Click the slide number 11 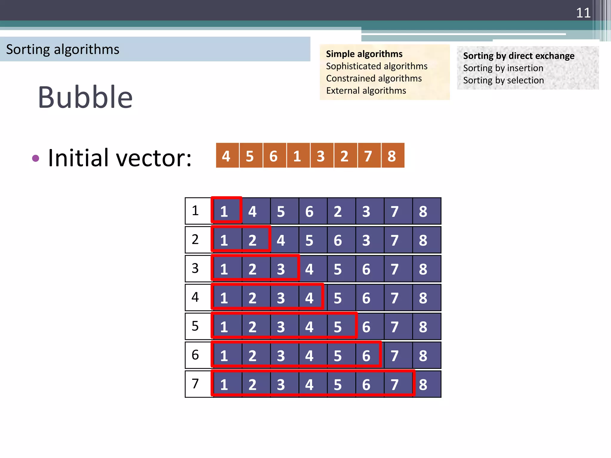tap(583, 13)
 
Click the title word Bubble tap(85, 97)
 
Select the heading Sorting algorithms tap(63, 49)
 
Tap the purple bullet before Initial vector tap(36, 158)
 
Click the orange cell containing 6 tap(274, 156)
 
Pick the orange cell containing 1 tap(297, 156)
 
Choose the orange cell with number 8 tap(392, 156)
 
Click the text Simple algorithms tap(364, 54)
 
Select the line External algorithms tap(366, 91)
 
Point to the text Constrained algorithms tap(374, 78)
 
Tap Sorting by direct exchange tap(519, 56)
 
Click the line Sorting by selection tap(503, 80)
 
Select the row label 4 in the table tap(195, 297)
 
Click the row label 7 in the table tap(195, 384)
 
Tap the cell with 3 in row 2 tap(366, 240)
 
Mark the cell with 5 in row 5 tap(338, 327)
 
